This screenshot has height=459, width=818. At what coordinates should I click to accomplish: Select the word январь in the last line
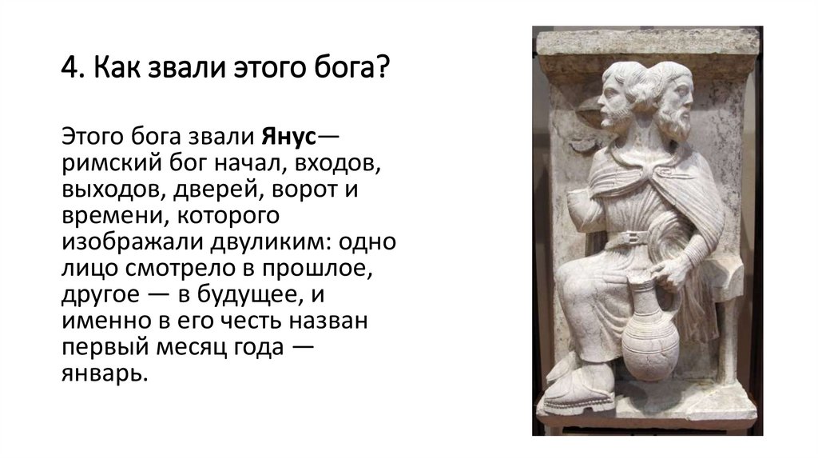[x=104, y=374]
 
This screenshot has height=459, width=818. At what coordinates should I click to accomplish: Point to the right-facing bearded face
[x=673, y=100]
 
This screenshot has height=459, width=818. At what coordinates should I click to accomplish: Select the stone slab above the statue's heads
[x=647, y=43]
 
